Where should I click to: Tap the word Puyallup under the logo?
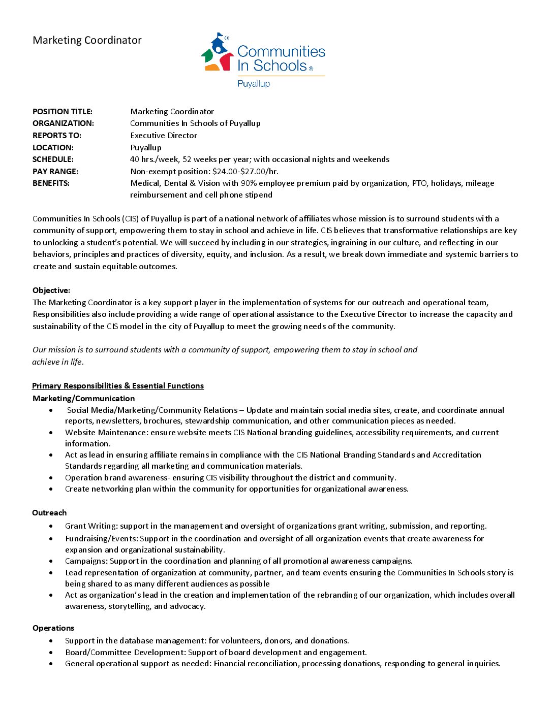[254, 84]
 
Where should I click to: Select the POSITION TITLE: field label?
[63, 112]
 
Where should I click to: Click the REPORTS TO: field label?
[57, 136]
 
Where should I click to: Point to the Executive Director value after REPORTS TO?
[164, 136]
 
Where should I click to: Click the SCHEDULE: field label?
[53, 159]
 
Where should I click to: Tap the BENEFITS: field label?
[51, 183]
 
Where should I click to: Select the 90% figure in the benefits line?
[249, 183]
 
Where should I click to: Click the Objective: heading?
[51, 290]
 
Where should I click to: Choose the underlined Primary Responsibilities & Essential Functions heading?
[118, 386]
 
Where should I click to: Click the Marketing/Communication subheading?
[84, 399]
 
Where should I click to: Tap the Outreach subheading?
[49, 513]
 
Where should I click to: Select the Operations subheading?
[53, 628]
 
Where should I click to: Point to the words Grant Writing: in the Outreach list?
[91, 526]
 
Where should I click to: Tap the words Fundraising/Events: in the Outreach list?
[102, 539]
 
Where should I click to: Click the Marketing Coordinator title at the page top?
[87, 41]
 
